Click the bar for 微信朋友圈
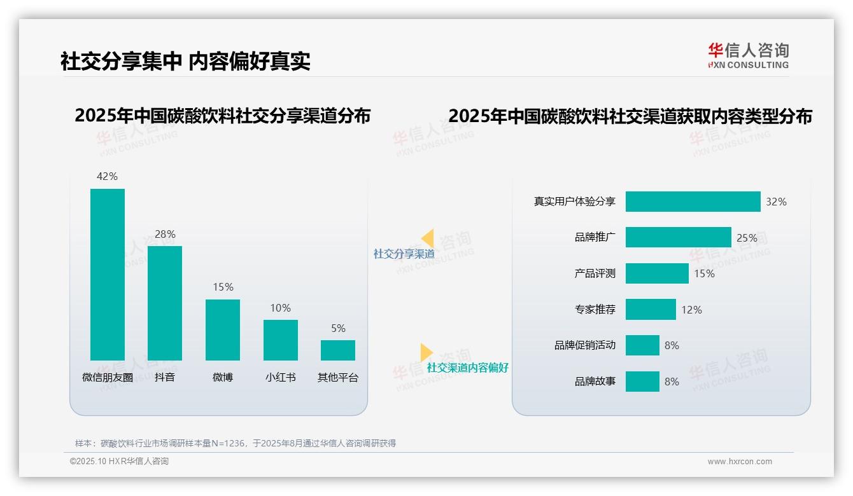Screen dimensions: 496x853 click(108, 274)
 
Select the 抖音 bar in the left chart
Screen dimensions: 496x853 click(165, 303)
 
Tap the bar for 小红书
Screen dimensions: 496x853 click(281, 340)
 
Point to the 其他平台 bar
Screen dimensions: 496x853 click(338, 350)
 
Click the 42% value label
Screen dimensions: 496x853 click(107, 176)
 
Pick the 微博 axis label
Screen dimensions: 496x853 click(223, 377)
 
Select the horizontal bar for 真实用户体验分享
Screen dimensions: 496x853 click(693, 202)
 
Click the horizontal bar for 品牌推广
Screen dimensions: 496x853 click(678, 237)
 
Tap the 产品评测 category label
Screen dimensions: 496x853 click(595, 273)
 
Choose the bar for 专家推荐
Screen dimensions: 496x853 click(651, 310)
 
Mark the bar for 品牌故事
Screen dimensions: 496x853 click(642, 382)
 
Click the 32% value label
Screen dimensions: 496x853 click(776, 202)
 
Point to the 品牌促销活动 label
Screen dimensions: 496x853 click(585, 345)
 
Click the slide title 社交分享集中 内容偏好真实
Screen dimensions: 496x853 click(185, 62)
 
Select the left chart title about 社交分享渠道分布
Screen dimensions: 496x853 click(222, 116)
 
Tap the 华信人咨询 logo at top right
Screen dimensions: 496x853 click(748, 55)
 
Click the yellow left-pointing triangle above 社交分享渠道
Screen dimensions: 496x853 click(427, 238)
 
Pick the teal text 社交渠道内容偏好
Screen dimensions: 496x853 click(467, 368)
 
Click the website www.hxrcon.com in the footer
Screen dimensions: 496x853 click(739, 462)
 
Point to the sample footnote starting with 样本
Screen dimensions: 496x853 click(236, 443)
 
